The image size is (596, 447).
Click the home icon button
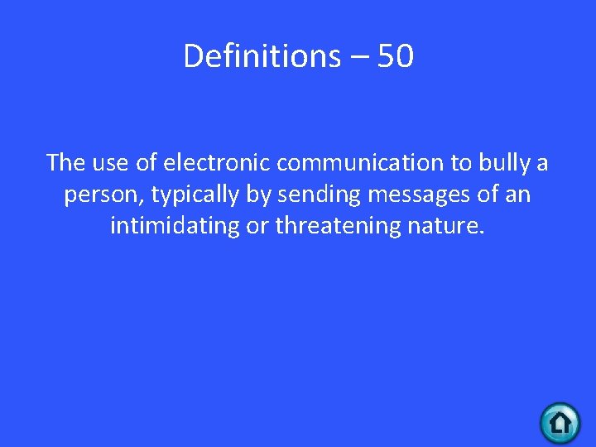560,423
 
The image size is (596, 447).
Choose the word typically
193,195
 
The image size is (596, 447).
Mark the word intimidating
174,226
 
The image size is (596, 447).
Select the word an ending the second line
519,195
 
